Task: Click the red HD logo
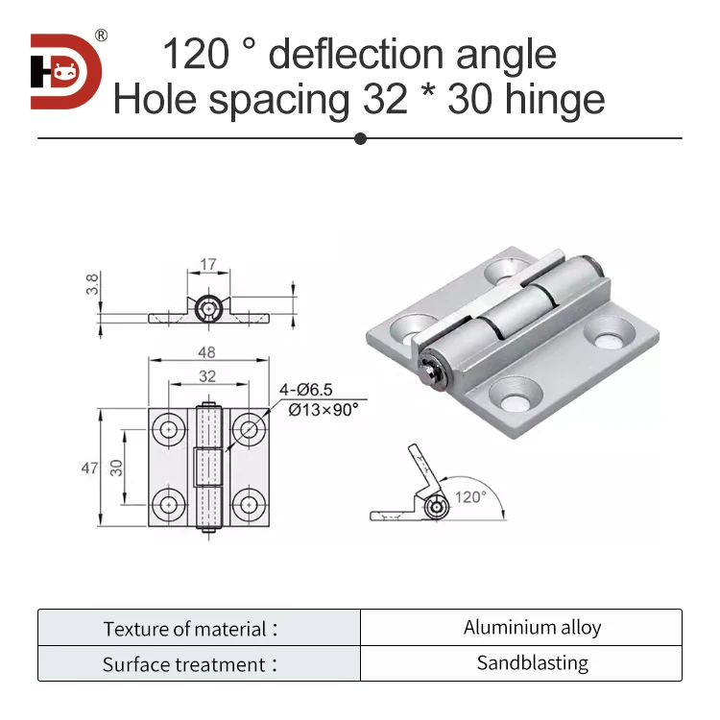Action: pos(65,71)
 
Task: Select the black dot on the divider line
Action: pos(360,139)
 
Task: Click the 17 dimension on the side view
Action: pos(208,264)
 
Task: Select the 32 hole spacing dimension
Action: pos(208,376)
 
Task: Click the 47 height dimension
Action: pos(90,468)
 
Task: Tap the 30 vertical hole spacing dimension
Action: pos(115,468)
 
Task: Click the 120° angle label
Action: pos(471,496)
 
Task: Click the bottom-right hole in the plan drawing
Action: pos(249,501)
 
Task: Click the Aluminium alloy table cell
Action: pos(532,628)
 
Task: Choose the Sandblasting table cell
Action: pos(532,662)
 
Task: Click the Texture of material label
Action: pos(188,630)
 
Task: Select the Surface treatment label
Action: pos(188,664)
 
